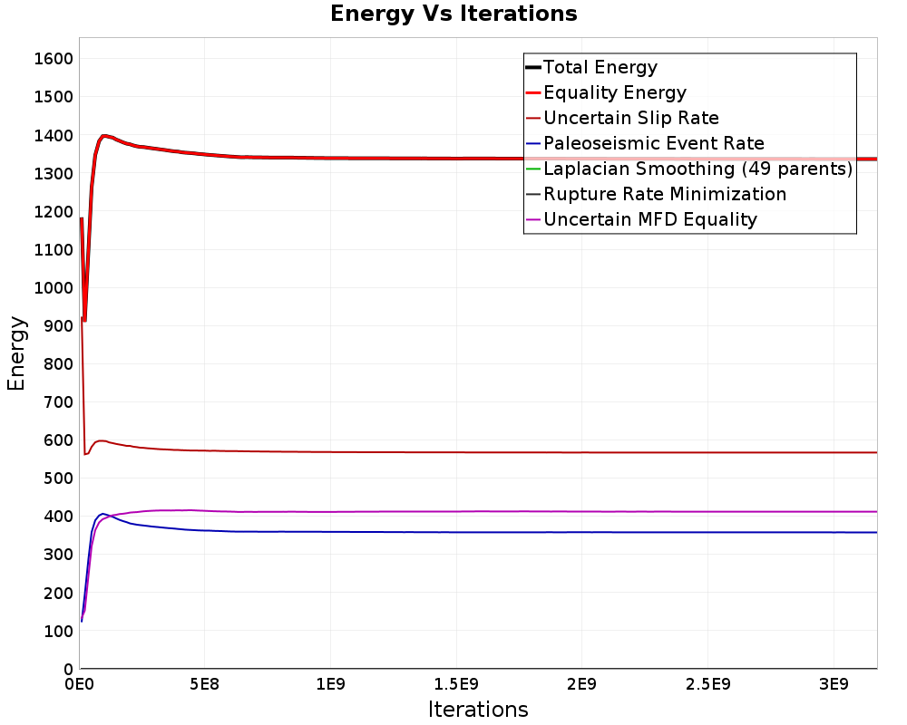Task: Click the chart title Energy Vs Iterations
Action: (453, 14)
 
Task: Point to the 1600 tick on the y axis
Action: (54, 58)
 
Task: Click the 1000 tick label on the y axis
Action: (54, 288)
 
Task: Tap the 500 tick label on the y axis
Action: (58, 478)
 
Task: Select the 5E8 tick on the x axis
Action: (205, 684)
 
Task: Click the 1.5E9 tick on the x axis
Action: (456, 684)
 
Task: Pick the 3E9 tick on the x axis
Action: (834, 684)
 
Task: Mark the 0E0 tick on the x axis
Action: (79, 684)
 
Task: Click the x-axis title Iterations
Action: (478, 709)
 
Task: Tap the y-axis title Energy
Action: (16, 353)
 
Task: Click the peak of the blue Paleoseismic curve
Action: (103, 514)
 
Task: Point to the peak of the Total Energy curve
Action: (104, 136)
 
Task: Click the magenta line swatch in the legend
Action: (533, 219)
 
